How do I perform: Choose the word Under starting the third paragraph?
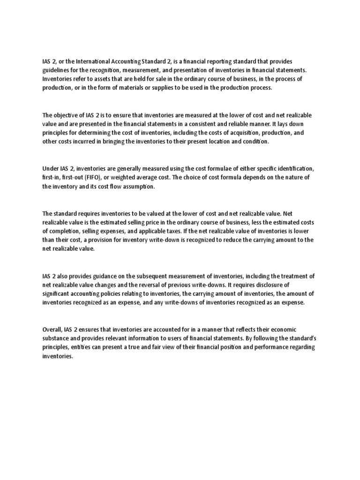[50, 169]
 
